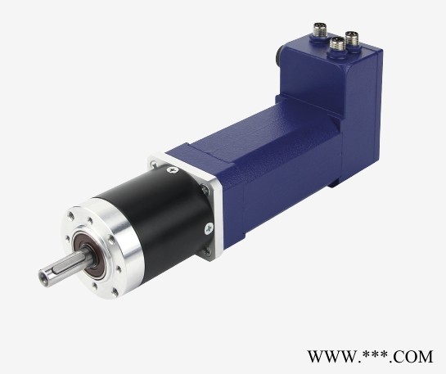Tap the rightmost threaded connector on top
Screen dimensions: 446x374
[352, 40]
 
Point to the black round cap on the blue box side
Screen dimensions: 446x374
[281, 56]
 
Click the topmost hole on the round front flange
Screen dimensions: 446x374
[72, 215]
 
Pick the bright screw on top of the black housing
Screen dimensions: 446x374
[173, 170]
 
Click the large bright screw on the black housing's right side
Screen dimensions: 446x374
[209, 228]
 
